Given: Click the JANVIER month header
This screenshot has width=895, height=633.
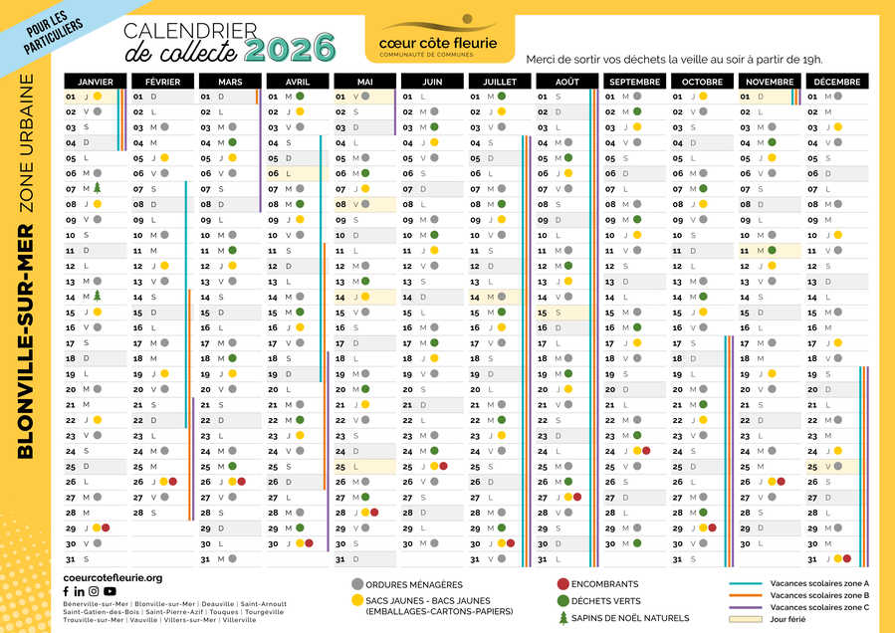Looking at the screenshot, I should point(95,81).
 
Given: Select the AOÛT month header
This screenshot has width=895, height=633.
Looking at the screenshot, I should point(566,81).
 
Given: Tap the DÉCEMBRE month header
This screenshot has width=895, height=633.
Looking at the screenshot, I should point(836,81).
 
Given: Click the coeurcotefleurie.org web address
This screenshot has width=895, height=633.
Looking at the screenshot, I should point(112,577).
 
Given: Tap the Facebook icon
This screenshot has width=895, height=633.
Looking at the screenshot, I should point(67,591).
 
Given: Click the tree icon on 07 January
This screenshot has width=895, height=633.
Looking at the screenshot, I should point(98,187).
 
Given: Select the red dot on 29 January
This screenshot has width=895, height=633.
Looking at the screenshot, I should point(105,527).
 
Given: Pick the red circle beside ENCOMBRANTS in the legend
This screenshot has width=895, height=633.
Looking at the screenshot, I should point(563,584).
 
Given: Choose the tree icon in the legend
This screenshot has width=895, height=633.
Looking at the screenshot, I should point(563,617).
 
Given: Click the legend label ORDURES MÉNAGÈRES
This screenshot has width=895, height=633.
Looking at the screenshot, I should point(414,584).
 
